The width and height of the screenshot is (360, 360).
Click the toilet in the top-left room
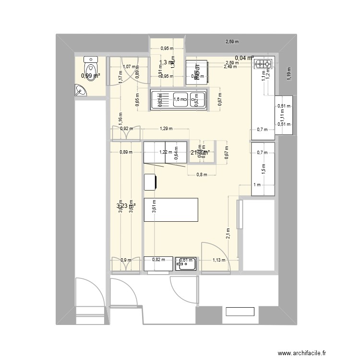(x=91, y=64)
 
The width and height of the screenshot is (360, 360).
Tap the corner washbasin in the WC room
(x=79, y=90)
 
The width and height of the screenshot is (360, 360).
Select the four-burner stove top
(x=263, y=63)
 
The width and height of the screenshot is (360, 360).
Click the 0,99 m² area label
(x=90, y=75)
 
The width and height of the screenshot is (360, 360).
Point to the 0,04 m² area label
(x=244, y=58)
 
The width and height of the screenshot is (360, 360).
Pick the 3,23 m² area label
(x=126, y=206)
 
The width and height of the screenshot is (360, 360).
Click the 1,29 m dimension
(x=166, y=129)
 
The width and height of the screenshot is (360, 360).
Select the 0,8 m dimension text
(x=202, y=175)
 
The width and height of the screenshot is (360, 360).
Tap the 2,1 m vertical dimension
(x=228, y=233)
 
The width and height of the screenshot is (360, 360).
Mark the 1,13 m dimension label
(x=219, y=260)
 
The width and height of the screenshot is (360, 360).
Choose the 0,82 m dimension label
(x=158, y=260)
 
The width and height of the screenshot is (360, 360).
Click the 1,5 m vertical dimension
(x=263, y=168)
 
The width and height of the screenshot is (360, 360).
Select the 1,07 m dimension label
(x=128, y=67)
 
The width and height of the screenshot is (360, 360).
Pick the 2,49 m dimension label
(x=230, y=67)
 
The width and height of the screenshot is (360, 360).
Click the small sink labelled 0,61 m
(x=186, y=263)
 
